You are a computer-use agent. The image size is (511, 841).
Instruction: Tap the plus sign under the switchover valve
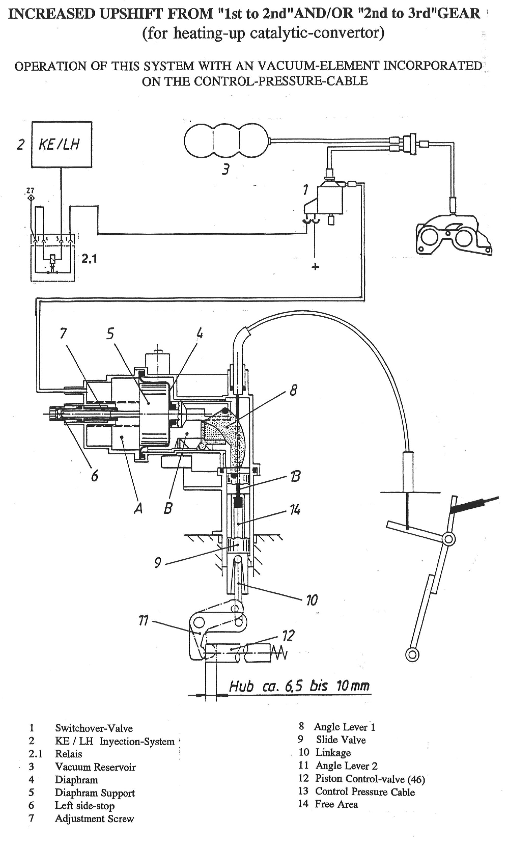[x=315, y=267]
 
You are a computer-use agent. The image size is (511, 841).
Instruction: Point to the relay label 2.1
[x=89, y=259]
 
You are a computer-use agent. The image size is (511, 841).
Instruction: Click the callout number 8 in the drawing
[x=293, y=390]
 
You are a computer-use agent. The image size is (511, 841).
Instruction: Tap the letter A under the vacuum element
[x=138, y=508]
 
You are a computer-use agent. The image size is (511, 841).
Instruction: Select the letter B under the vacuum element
[x=168, y=508]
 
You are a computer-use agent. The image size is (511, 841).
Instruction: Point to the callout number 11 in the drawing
[x=144, y=620]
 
